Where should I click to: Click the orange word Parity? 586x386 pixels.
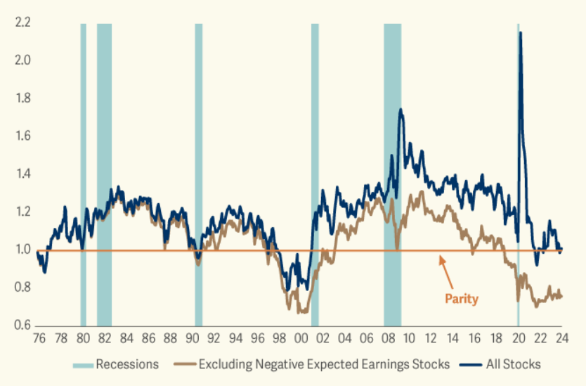pyautogui.click(x=461, y=299)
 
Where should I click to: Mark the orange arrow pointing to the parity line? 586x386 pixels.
pyautogui.click(x=449, y=271)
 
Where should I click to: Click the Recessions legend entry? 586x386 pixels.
pyautogui.click(x=126, y=364)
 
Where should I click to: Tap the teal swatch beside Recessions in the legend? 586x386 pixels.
pyautogui.click(x=81, y=364)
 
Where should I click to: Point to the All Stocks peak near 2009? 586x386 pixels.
pyautogui.click(x=400, y=110)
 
